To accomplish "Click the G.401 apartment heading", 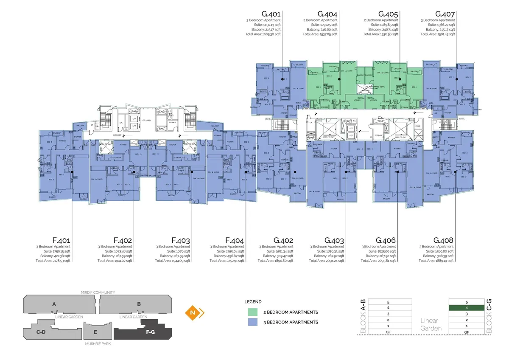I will [271, 14].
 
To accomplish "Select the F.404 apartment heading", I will [235, 240].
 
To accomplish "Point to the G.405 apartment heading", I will [388, 14].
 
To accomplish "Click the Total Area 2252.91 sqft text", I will [227, 261].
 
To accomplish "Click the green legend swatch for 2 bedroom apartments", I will [253, 312].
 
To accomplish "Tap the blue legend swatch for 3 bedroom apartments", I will [253, 322].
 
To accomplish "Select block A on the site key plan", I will [54, 304].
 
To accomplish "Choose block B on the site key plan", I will [138, 304].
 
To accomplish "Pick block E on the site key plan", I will [95, 332].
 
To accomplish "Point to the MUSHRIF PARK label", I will [98, 344].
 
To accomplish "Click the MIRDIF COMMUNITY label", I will [98, 292].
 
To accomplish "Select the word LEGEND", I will [253, 301].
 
